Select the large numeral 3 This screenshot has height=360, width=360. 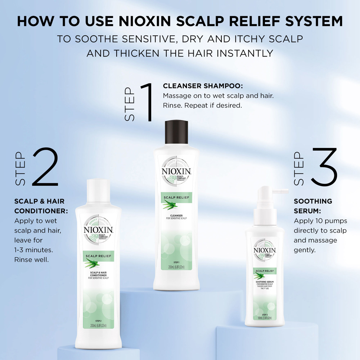(324, 166)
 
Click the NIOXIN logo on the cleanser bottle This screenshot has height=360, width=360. (176, 171)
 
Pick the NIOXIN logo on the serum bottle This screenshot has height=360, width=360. (265, 250)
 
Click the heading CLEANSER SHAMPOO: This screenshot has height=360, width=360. (203, 86)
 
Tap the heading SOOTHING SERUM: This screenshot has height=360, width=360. (313, 206)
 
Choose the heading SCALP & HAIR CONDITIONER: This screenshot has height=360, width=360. (39, 206)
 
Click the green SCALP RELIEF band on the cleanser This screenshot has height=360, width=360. (176, 198)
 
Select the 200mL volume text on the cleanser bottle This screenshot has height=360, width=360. (176, 267)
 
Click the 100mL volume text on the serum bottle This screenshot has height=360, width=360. (265, 318)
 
